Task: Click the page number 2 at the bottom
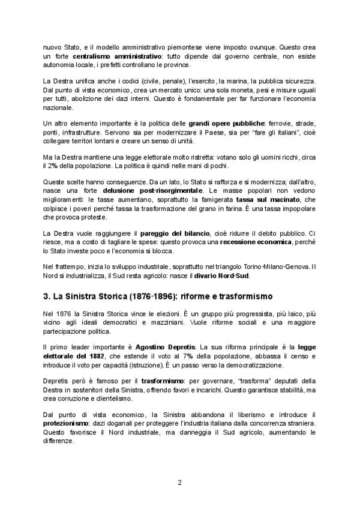(x=180, y=482)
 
